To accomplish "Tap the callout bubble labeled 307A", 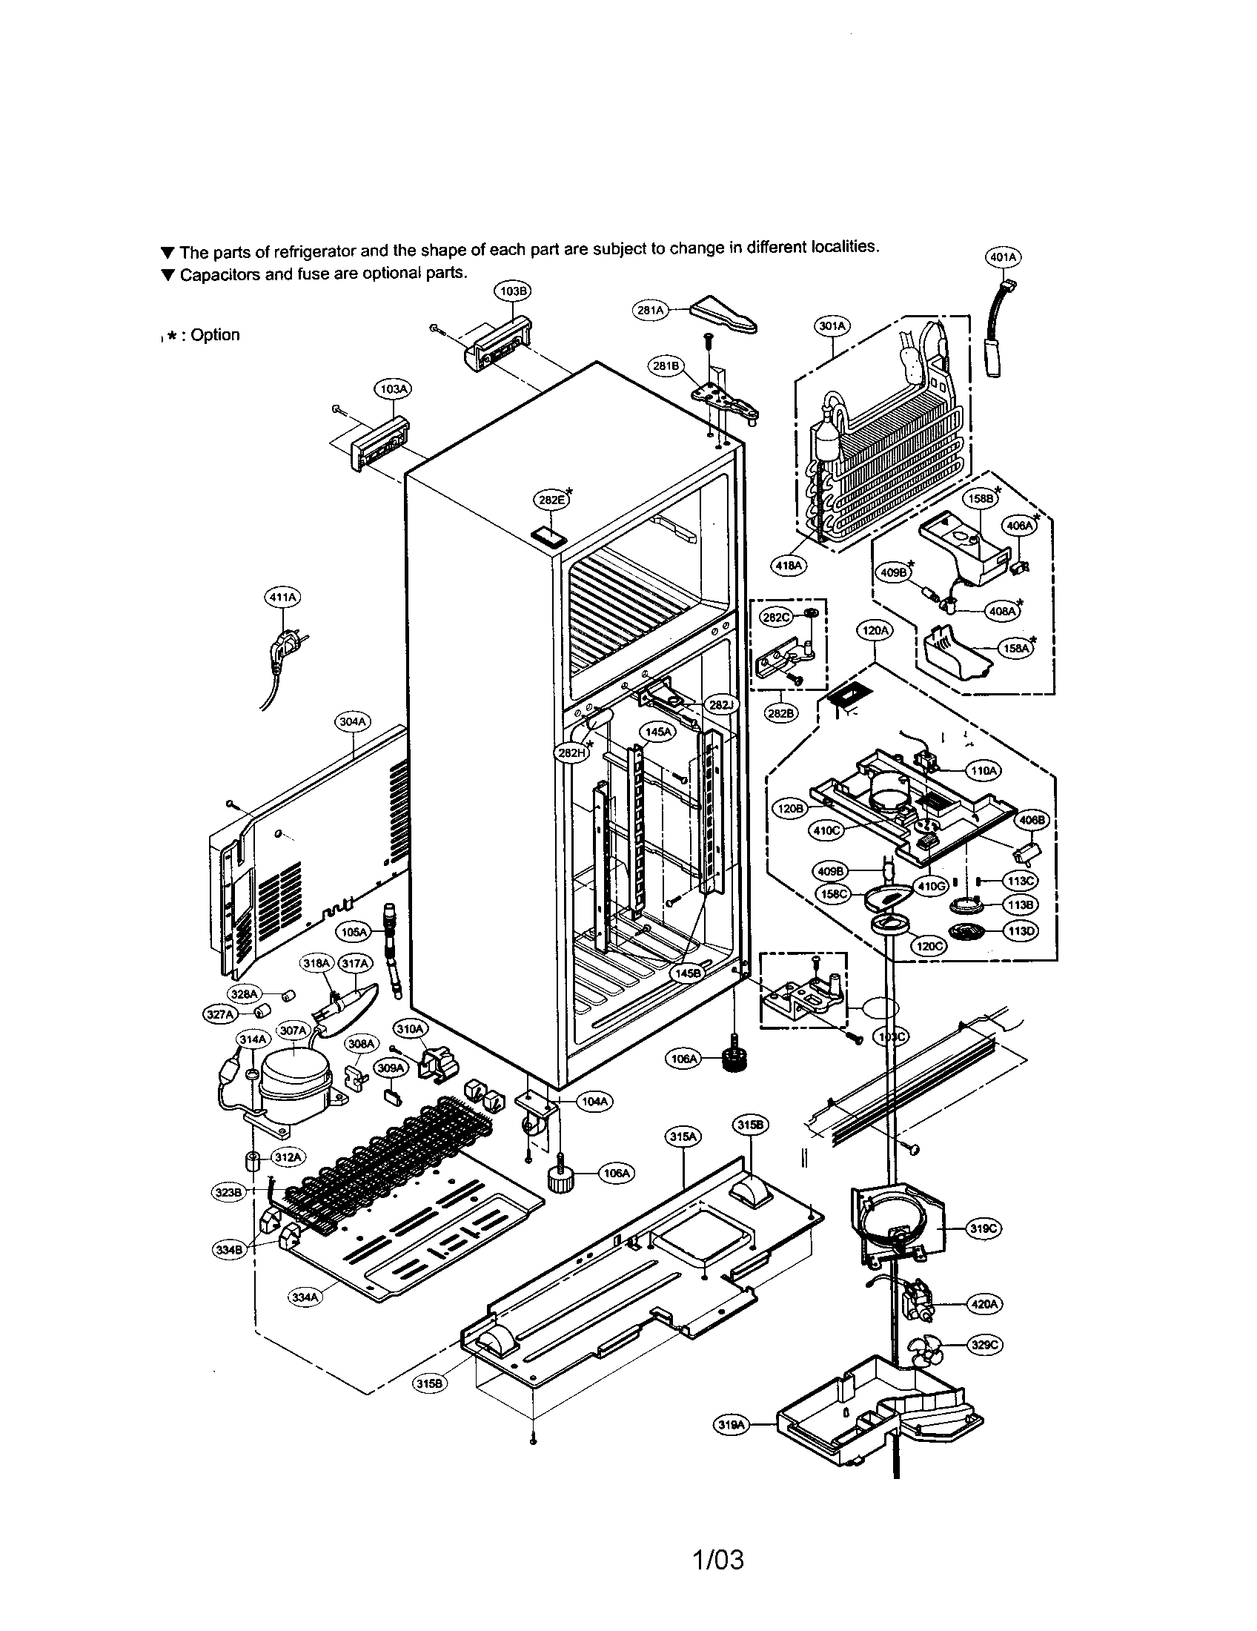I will pyautogui.click(x=293, y=1030).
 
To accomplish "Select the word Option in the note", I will pyautogui.click(x=215, y=335).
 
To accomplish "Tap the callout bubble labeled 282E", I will pyautogui.click(x=551, y=500).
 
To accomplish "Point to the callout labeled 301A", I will pyautogui.click(x=832, y=326).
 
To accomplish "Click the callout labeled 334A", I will pyautogui.click(x=306, y=1297).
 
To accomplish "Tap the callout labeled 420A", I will pyautogui.click(x=984, y=1304).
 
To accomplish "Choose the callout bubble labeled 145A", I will pyautogui.click(x=657, y=732).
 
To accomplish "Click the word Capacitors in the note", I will pyautogui.click(x=220, y=275).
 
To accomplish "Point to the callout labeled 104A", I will pyautogui.click(x=594, y=1101).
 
